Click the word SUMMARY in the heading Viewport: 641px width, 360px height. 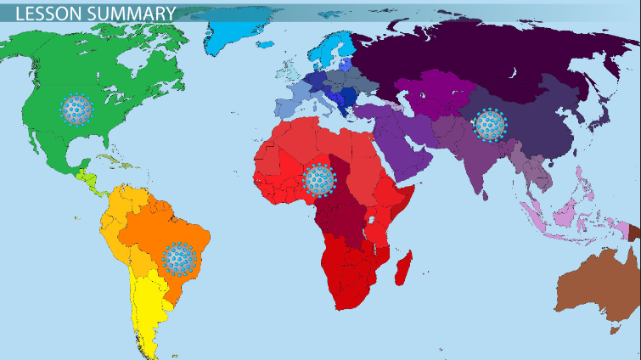[x=127, y=13]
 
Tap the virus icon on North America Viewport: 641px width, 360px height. [x=76, y=108]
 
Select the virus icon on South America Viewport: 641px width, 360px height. [x=178, y=258]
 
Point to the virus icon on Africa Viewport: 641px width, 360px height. [x=319, y=179]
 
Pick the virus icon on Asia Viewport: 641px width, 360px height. [x=489, y=125]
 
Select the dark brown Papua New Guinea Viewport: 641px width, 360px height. [x=633, y=230]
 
